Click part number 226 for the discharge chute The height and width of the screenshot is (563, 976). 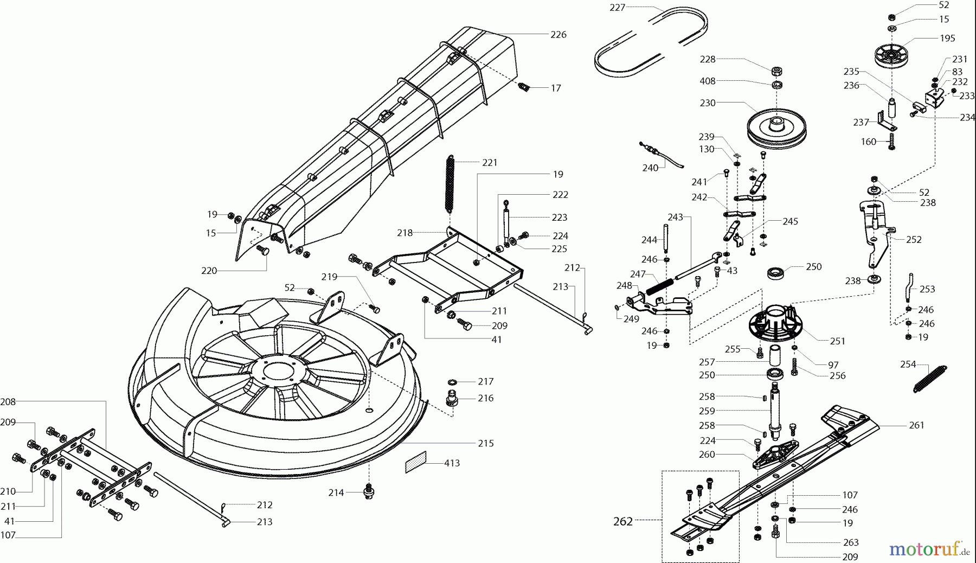pyautogui.click(x=558, y=35)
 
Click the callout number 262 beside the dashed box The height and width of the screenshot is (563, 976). pyautogui.click(x=622, y=521)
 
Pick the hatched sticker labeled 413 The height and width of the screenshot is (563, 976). pyautogui.click(x=416, y=463)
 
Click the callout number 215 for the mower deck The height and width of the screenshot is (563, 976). pyautogui.click(x=486, y=443)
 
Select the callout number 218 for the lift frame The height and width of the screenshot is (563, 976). pyautogui.click(x=404, y=233)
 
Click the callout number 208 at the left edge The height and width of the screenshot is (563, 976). pyautogui.click(x=8, y=402)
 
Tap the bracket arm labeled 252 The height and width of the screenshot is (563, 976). pyautogui.click(x=876, y=233)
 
